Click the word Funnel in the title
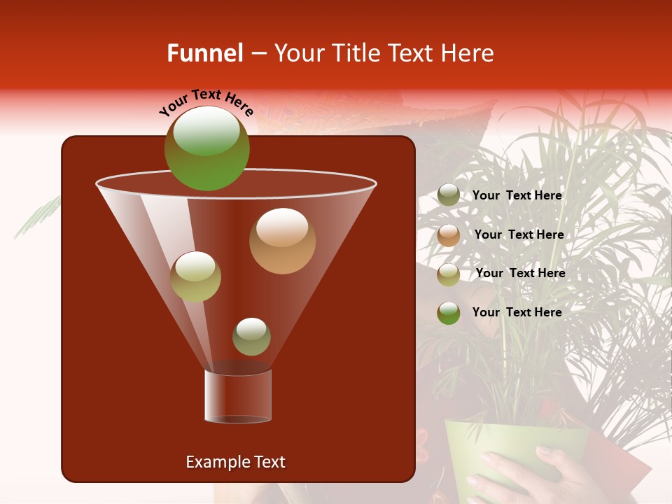pyautogui.click(x=204, y=53)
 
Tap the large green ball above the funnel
pyautogui.click(x=206, y=148)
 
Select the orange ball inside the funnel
pyautogui.click(x=282, y=241)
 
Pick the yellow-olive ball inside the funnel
pyautogui.click(x=195, y=276)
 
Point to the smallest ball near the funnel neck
pyautogui.click(x=251, y=336)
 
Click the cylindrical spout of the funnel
pyautogui.click(x=237, y=395)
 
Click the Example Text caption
pyautogui.click(x=235, y=462)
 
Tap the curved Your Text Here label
pyautogui.click(x=206, y=102)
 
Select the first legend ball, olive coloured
pyautogui.click(x=448, y=195)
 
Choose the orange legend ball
pyautogui.click(x=448, y=235)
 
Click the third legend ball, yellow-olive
pyautogui.click(x=448, y=274)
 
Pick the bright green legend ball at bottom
pyautogui.click(x=448, y=313)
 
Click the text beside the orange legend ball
pyautogui.click(x=519, y=234)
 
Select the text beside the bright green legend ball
pyautogui.click(x=517, y=312)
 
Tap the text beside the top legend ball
pyautogui.click(x=517, y=195)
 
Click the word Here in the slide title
pyautogui.click(x=468, y=53)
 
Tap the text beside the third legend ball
pyautogui.click(x=520, y=273)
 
